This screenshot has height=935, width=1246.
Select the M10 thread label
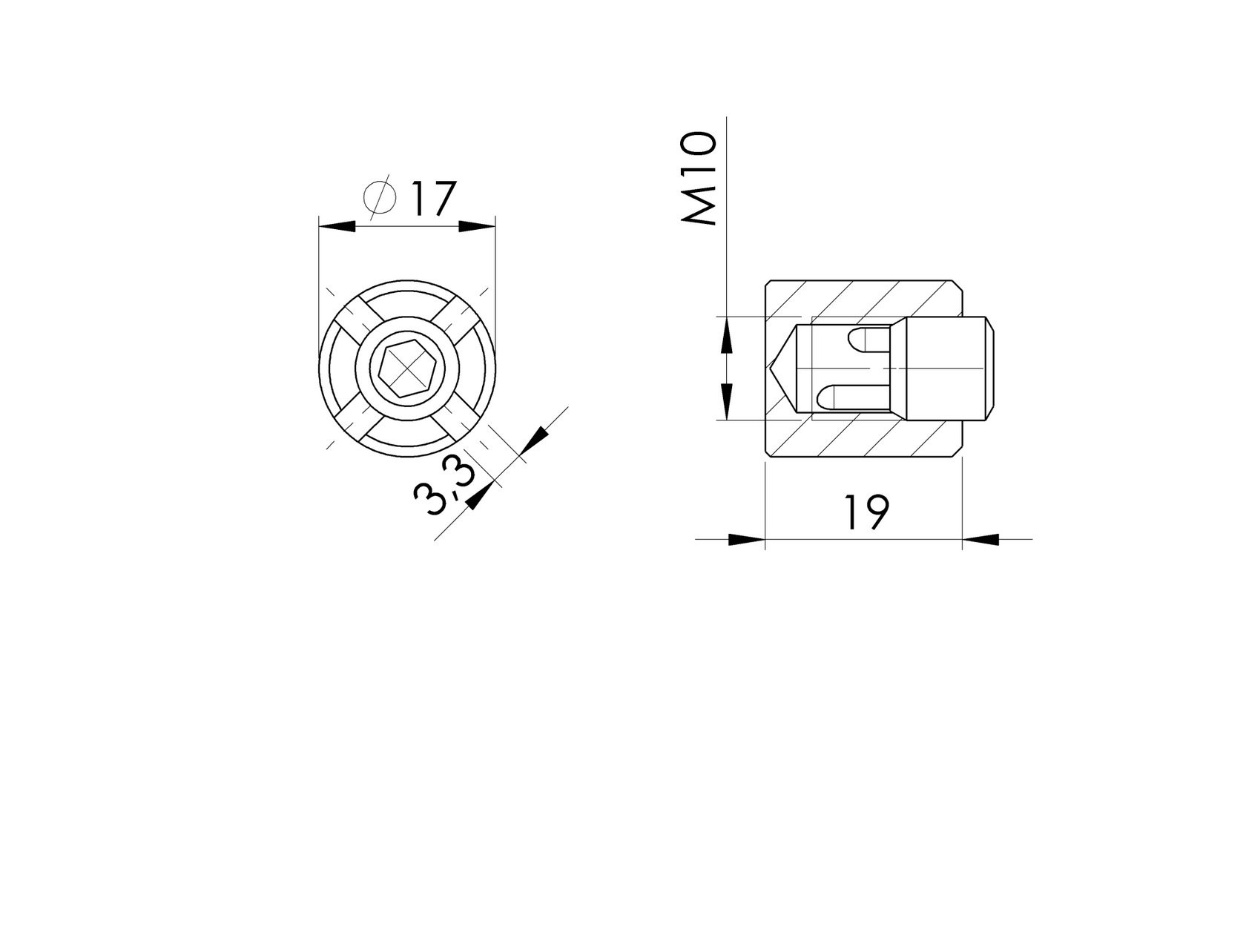pyautogui.click(x=700, y=179)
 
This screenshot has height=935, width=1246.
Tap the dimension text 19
pyautogui.click(x=866, y=512)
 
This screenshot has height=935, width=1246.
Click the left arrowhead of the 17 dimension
pyautogui.click(x=337, y=227)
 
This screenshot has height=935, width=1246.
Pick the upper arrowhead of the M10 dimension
pyautogui.click(x=726, y=334)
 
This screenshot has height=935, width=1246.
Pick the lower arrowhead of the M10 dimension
pyautogui.click(x=726, y=403)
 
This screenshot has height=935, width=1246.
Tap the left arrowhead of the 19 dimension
pyautogui.click(x=746, y=540)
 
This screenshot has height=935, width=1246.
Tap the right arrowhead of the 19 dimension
pyautogui.click(x=980, y=540)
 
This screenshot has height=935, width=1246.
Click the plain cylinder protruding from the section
pyautogui.click(x=949, y=368)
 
